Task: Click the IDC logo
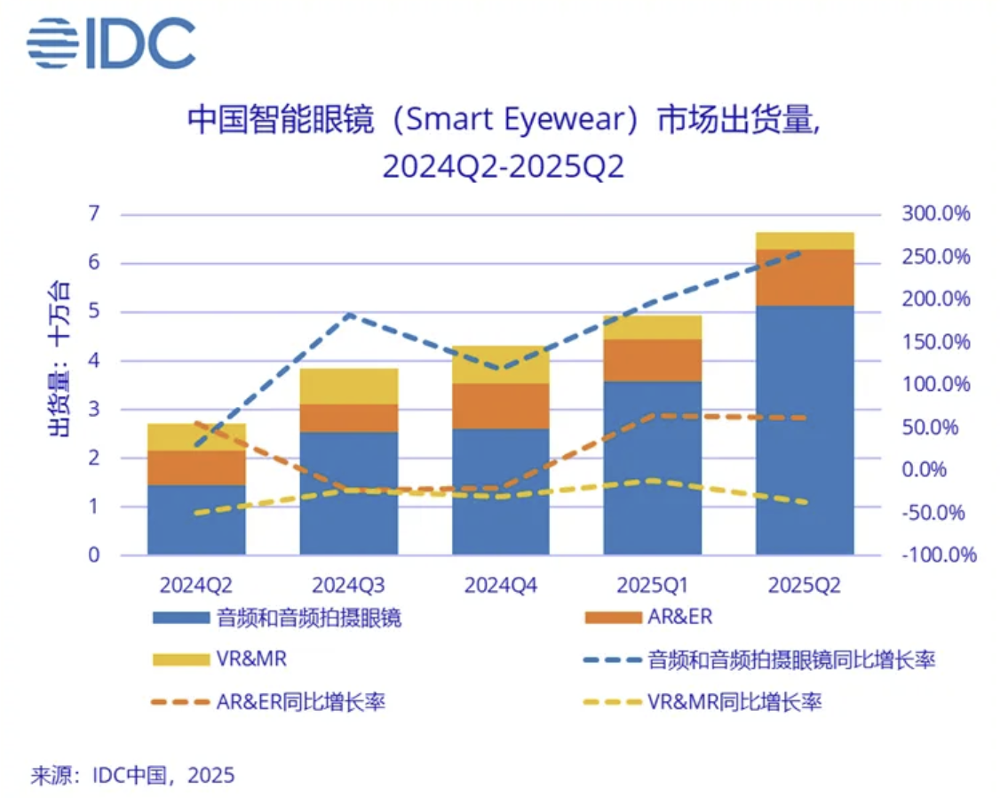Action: click(x=110, y=43)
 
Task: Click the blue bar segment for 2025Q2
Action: click(x=805, y=430)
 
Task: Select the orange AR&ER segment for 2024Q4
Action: click(x=500, y=406)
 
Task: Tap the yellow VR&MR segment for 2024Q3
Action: click(x=348, y=386)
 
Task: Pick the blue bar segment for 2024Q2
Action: click(x=196, y=520)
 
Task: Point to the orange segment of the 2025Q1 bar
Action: click(x=653, y=360)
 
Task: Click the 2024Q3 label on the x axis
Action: click(x=348, y=585)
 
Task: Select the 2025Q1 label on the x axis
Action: click(x=653, y=585)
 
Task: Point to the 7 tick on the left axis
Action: click(x=94, y=214)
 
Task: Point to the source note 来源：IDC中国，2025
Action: click(x=133, y=775)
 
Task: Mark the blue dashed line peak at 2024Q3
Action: click(x=348, y=315)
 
